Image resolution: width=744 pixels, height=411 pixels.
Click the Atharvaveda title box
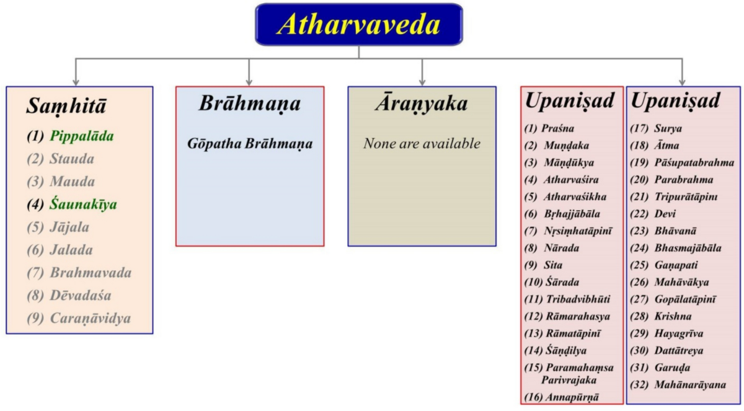(x=359, y=24)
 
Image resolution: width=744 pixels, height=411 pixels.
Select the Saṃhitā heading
(x=66, y=106)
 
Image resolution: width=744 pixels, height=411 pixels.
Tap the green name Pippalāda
(x=82, y=136)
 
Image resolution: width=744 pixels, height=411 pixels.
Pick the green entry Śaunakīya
(x=83, y=204)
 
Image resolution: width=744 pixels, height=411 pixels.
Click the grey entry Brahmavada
(x=91, y=273)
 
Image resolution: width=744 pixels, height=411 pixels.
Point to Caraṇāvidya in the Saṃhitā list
(x=91, y=318)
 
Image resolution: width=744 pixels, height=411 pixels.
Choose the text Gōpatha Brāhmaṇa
(x=250, y=144)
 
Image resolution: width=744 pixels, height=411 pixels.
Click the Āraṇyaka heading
(x=422, y=103)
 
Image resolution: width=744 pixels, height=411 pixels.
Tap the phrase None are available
(x=422, y=143)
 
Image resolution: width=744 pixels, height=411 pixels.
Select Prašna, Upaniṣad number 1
(x=557, y=128)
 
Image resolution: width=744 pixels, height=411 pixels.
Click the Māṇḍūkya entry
(x=569, y=162)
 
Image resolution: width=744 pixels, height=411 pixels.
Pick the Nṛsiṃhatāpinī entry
(x=578, y=231)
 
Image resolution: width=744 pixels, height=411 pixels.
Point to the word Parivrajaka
(x=569, y=380)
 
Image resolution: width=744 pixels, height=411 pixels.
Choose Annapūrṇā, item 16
(x=573, y=397)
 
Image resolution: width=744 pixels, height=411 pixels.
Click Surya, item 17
(x=668, y=128)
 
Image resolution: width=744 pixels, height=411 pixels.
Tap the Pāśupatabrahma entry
(x=694, y=162)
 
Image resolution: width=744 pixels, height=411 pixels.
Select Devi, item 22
(x=665, y=213)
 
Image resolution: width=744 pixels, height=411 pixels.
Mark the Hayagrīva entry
(x=678, y=334)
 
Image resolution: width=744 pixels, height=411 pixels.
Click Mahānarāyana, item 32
(x=690, y=385)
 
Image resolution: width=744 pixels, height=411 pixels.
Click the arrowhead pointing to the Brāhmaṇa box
(x=249, y=82)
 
